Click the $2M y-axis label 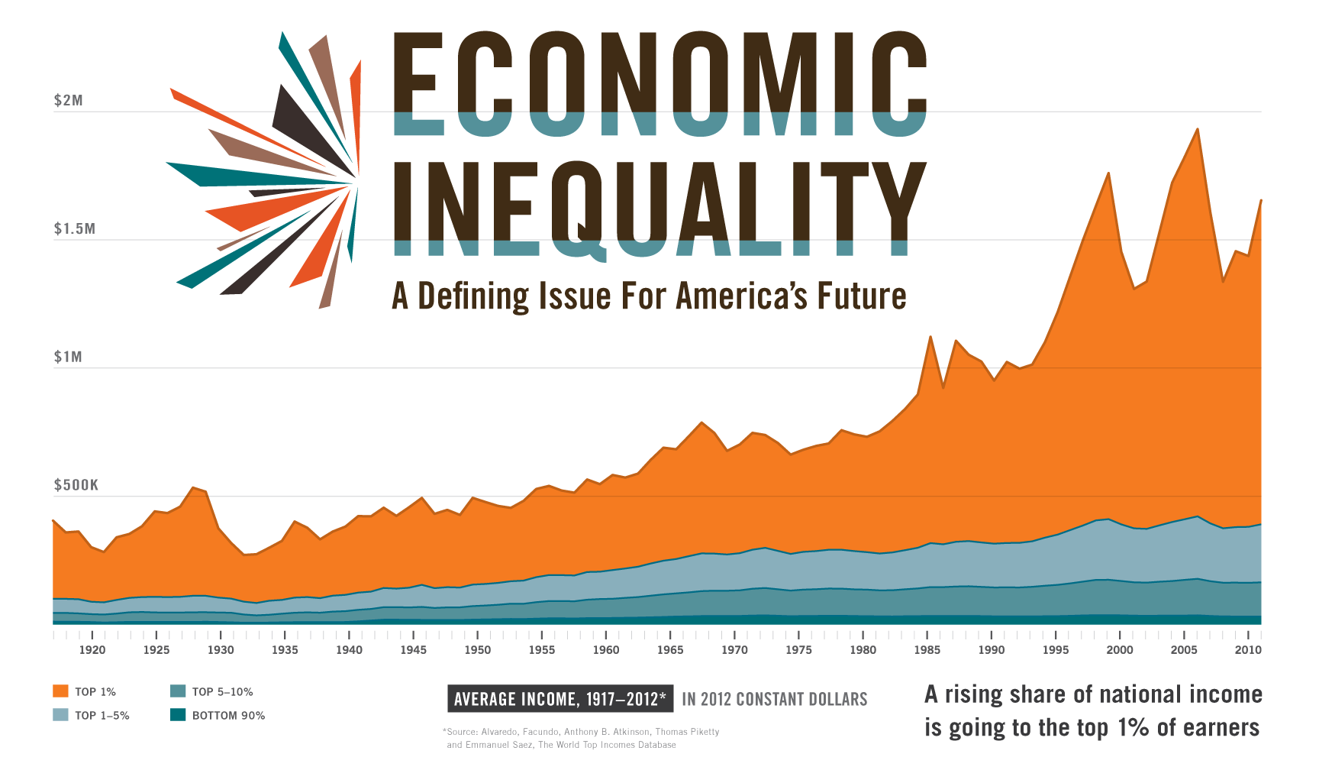[x=68, y=101]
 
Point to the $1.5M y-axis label [x=74, y=229]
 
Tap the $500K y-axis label [x=76, y=486]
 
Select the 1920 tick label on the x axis [x=92, y=650]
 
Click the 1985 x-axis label [x=927, y=650]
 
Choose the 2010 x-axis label [x=1248, y=650]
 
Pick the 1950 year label [x=478, y=650]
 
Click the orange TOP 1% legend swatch [x=60, y=691]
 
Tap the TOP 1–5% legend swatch [x=60, y=715]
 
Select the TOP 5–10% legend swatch [x=178, y=691]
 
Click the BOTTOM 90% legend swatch [x=178, y=715]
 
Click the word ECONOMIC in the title [x=659, y=84]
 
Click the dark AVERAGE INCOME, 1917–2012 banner [x=560, y=699]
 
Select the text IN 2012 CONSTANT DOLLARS [x=774, y=699]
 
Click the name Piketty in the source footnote [x=702, y=732]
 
